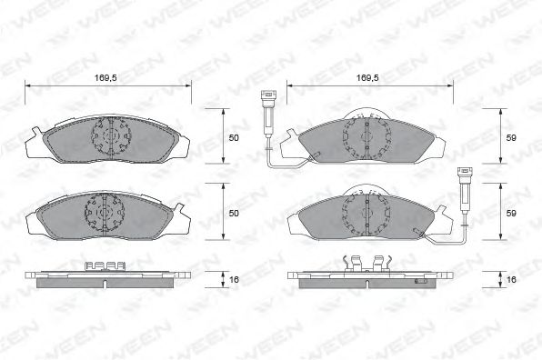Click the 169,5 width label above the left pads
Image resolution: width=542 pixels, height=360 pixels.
point(105,78)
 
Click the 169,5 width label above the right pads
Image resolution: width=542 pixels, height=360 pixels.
point(367,78)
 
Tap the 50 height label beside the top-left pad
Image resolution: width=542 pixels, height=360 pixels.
point(234,138)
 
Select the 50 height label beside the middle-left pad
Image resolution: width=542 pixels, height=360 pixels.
point(234,214)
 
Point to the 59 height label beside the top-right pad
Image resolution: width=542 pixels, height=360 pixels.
point(511,138)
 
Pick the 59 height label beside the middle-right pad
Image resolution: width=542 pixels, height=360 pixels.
point(511,214)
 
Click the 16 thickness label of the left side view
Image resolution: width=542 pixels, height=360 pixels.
point(234,279)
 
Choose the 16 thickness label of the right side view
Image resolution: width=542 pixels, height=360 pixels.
point(511,279)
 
